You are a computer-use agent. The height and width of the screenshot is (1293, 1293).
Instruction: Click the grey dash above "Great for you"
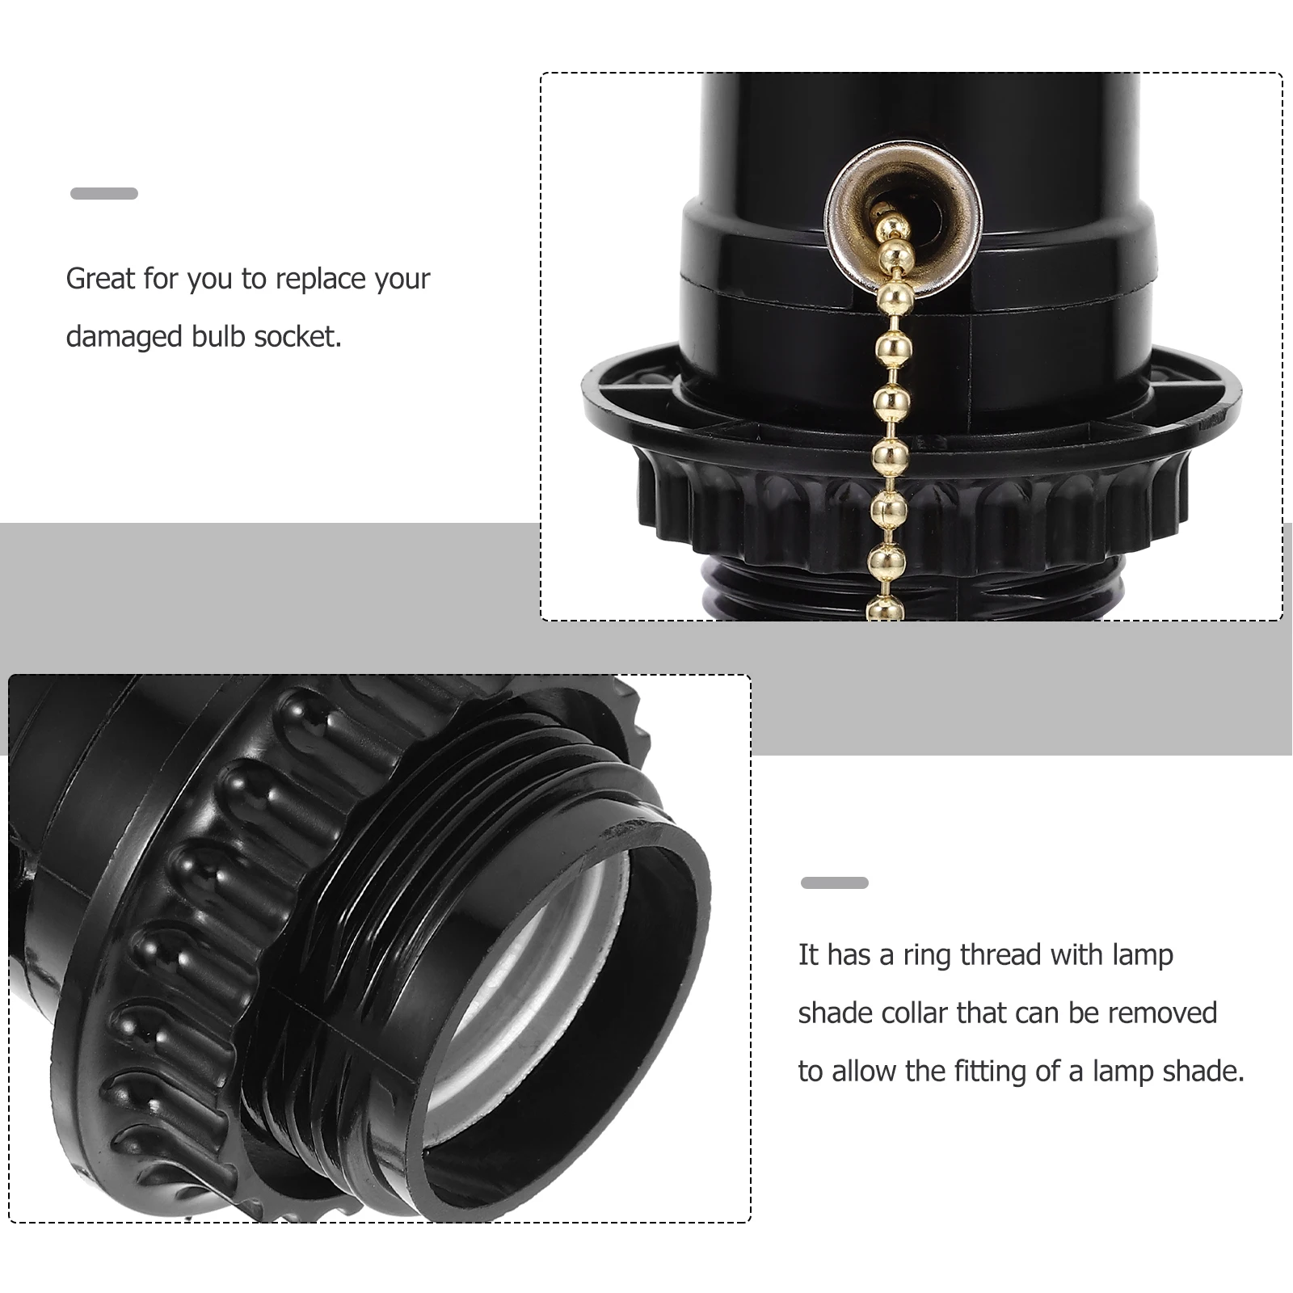point(104,194)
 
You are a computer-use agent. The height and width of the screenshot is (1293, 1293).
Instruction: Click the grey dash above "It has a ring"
point(834,882)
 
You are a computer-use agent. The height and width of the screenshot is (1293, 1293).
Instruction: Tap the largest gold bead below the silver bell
point(896,296)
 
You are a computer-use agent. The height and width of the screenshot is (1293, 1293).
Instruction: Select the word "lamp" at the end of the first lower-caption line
point(1143,955)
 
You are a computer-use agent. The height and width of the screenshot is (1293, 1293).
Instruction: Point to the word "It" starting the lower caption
point(808,955)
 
